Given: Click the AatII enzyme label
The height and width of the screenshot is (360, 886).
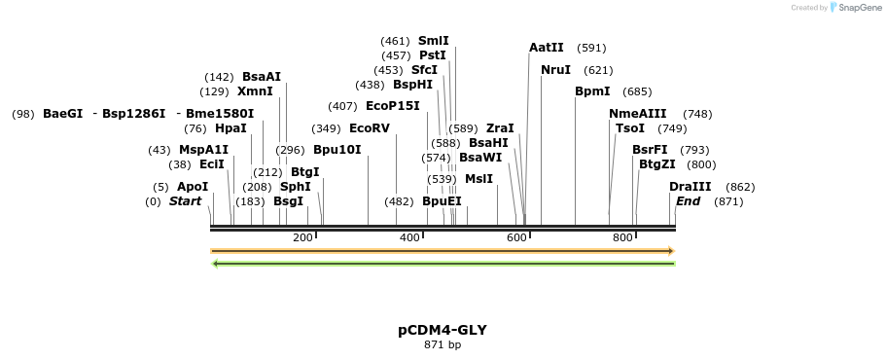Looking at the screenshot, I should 546,48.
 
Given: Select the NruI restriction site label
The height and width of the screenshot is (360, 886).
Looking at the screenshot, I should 555,70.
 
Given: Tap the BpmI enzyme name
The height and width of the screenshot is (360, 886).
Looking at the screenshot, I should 592,91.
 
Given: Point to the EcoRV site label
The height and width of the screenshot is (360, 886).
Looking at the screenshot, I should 369,128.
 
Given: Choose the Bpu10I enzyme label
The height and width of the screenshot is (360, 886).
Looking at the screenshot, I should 337,150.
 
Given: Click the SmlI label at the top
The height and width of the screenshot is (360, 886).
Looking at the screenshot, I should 433,41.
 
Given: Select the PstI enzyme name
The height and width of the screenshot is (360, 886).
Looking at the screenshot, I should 432,55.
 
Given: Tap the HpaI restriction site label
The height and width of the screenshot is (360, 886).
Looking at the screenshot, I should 230,128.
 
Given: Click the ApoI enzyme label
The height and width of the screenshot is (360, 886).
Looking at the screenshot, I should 193,187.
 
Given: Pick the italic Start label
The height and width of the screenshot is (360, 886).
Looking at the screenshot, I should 185,201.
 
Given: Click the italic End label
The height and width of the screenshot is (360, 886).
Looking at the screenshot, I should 688,201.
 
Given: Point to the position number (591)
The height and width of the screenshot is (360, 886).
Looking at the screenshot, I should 591,48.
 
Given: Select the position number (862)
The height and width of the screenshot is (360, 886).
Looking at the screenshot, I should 740,187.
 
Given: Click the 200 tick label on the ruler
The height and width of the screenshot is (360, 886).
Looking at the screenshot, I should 302,237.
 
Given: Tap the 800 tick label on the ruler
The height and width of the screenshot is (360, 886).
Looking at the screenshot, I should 621,237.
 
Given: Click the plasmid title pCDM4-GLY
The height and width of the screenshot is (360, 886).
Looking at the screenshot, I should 443,330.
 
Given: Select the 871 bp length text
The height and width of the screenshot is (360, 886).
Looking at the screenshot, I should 443,345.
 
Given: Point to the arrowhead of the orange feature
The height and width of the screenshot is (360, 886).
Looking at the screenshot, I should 671,251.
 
